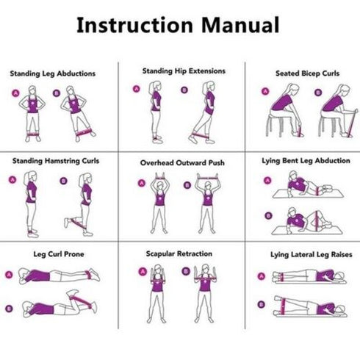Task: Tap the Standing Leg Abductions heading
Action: pos(52,73)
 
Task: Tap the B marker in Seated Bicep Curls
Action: pos(317,93)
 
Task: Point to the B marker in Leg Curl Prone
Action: pos(9,308)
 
